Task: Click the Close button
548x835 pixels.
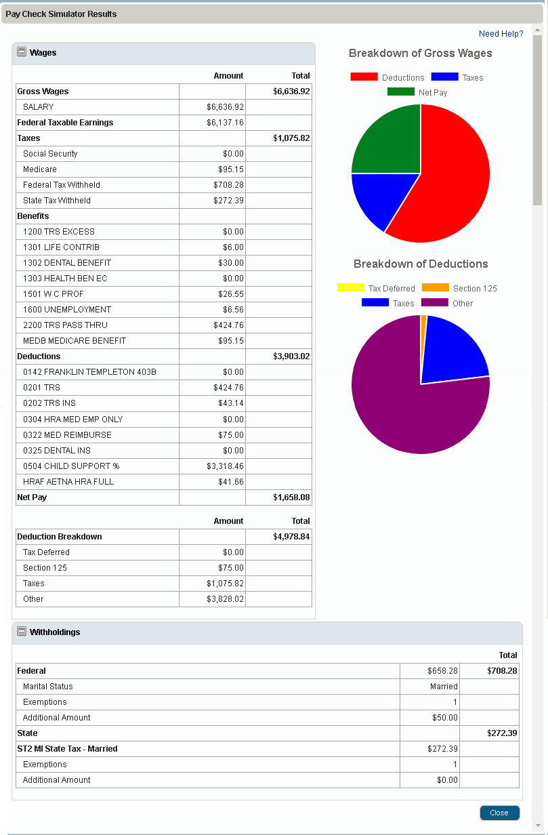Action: (499, 813)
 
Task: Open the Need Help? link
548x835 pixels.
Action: (501, 34)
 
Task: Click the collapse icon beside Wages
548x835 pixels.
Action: (22, 52)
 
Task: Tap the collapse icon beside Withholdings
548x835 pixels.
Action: (22, 632)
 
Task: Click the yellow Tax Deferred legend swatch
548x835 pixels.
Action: (350, 288)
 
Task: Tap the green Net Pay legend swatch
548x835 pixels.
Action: (400, 91)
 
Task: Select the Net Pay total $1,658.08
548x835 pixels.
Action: (291, 497)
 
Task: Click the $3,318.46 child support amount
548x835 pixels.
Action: (225, 466)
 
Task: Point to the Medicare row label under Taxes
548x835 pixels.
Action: (40, 169)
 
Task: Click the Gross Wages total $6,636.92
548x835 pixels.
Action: (291, 91)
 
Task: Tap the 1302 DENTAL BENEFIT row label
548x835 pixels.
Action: (67, 263)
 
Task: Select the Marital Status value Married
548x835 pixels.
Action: (444, 687)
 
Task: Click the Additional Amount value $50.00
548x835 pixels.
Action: (445, 718)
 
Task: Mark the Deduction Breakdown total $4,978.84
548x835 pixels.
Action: (291, 537)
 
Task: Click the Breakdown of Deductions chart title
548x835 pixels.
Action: (421, 264)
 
